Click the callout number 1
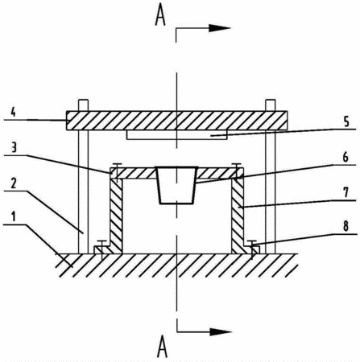tap(14, 216)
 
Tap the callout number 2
tap(14, 183)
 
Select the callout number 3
tap(14, 147)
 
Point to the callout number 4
tap(13, 112)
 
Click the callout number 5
tap(346, 121)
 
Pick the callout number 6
tap(346, 157)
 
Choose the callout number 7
tap(346, 192)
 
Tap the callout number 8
tap(346, 226)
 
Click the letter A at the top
tap(160, 15)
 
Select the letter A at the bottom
tap(162, 347)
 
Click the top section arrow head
tap(220, 28)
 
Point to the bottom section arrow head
tap(221, 331)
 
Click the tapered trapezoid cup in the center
tap(176, 185)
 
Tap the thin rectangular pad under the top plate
tap(177, 135)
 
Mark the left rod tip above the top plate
tap(83, 105)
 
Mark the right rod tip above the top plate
tap(270, 105)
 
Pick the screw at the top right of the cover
tap(236, 171)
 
